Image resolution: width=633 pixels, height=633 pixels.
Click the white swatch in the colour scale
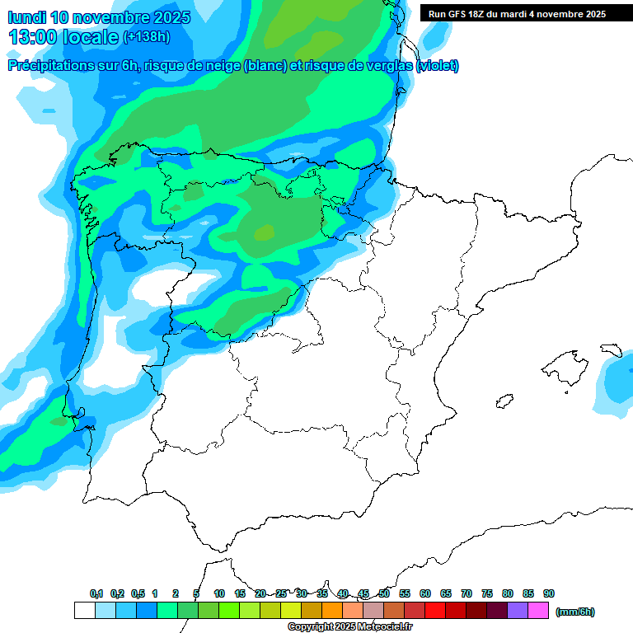click(x=84, y=610)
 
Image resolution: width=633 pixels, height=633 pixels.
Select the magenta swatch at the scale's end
click(x=538, y=610)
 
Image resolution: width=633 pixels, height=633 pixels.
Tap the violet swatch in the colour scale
click(x=518, y=610)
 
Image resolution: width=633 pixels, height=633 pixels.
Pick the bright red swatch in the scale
click(x=435, y=610)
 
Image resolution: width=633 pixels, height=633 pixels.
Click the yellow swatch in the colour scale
click(x=291, y=610)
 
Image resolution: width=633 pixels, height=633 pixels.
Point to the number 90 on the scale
click(x=549, y=593)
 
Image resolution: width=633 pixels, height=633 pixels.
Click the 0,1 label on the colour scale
click(x=96, y=593)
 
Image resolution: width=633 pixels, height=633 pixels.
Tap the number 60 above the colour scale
click(x=425, y=593)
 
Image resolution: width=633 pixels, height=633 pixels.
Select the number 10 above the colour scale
click(x=219, y=593)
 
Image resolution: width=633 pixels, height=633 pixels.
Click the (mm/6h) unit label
click(x=575, y=612)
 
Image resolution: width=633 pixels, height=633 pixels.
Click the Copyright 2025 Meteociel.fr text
click(x=351, y=627)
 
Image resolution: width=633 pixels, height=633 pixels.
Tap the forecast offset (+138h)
click(x=146, y=36)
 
